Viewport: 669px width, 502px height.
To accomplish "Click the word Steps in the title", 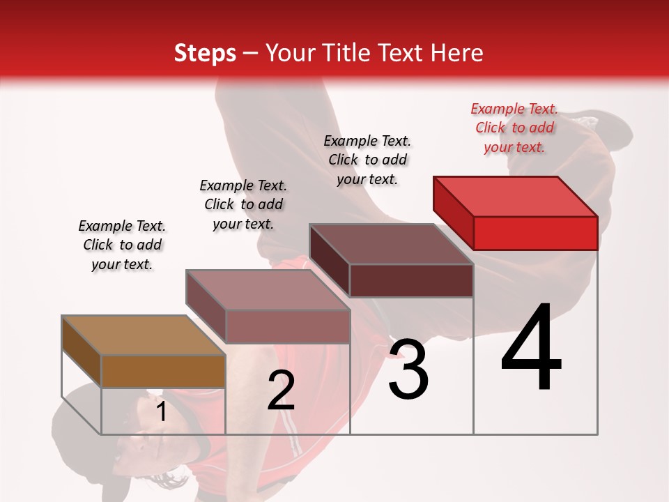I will pyautogui.click(x=205, y=53).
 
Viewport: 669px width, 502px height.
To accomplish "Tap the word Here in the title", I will pyautogui.click(x=457, y=53).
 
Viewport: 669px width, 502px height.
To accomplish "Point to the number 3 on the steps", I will pyautogui.click(x=408, y=370).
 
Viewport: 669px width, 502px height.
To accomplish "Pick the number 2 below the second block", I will pyautogui.click(x=281, y=390).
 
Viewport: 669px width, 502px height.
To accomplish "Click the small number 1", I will pyautogui.click(x=161, y=412).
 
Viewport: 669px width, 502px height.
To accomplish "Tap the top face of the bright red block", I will pyautogui.click(x=514, y=196).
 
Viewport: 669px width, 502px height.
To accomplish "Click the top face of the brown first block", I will pyautogui.click(x=143, y=335).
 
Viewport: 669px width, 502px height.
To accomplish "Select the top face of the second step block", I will pyautogui.click(x=267, y=290).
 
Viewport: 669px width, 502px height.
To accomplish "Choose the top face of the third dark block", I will pyautogui.click(x=391, y=244).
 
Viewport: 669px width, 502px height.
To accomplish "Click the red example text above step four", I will pyautogui.click(x=514, y=128).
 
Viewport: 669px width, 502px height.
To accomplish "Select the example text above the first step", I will pyautogui.click(x=122, y=245).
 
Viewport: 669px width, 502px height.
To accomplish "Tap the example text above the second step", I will pyautogui.click(x=243, y=204).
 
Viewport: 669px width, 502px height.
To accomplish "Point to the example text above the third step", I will pyautogui.click(x=367, y=160).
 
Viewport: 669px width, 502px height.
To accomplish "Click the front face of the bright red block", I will pyautogui.click(x=535, y=233).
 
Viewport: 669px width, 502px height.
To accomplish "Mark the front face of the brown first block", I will pyautogui.click(x=163, y=371).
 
